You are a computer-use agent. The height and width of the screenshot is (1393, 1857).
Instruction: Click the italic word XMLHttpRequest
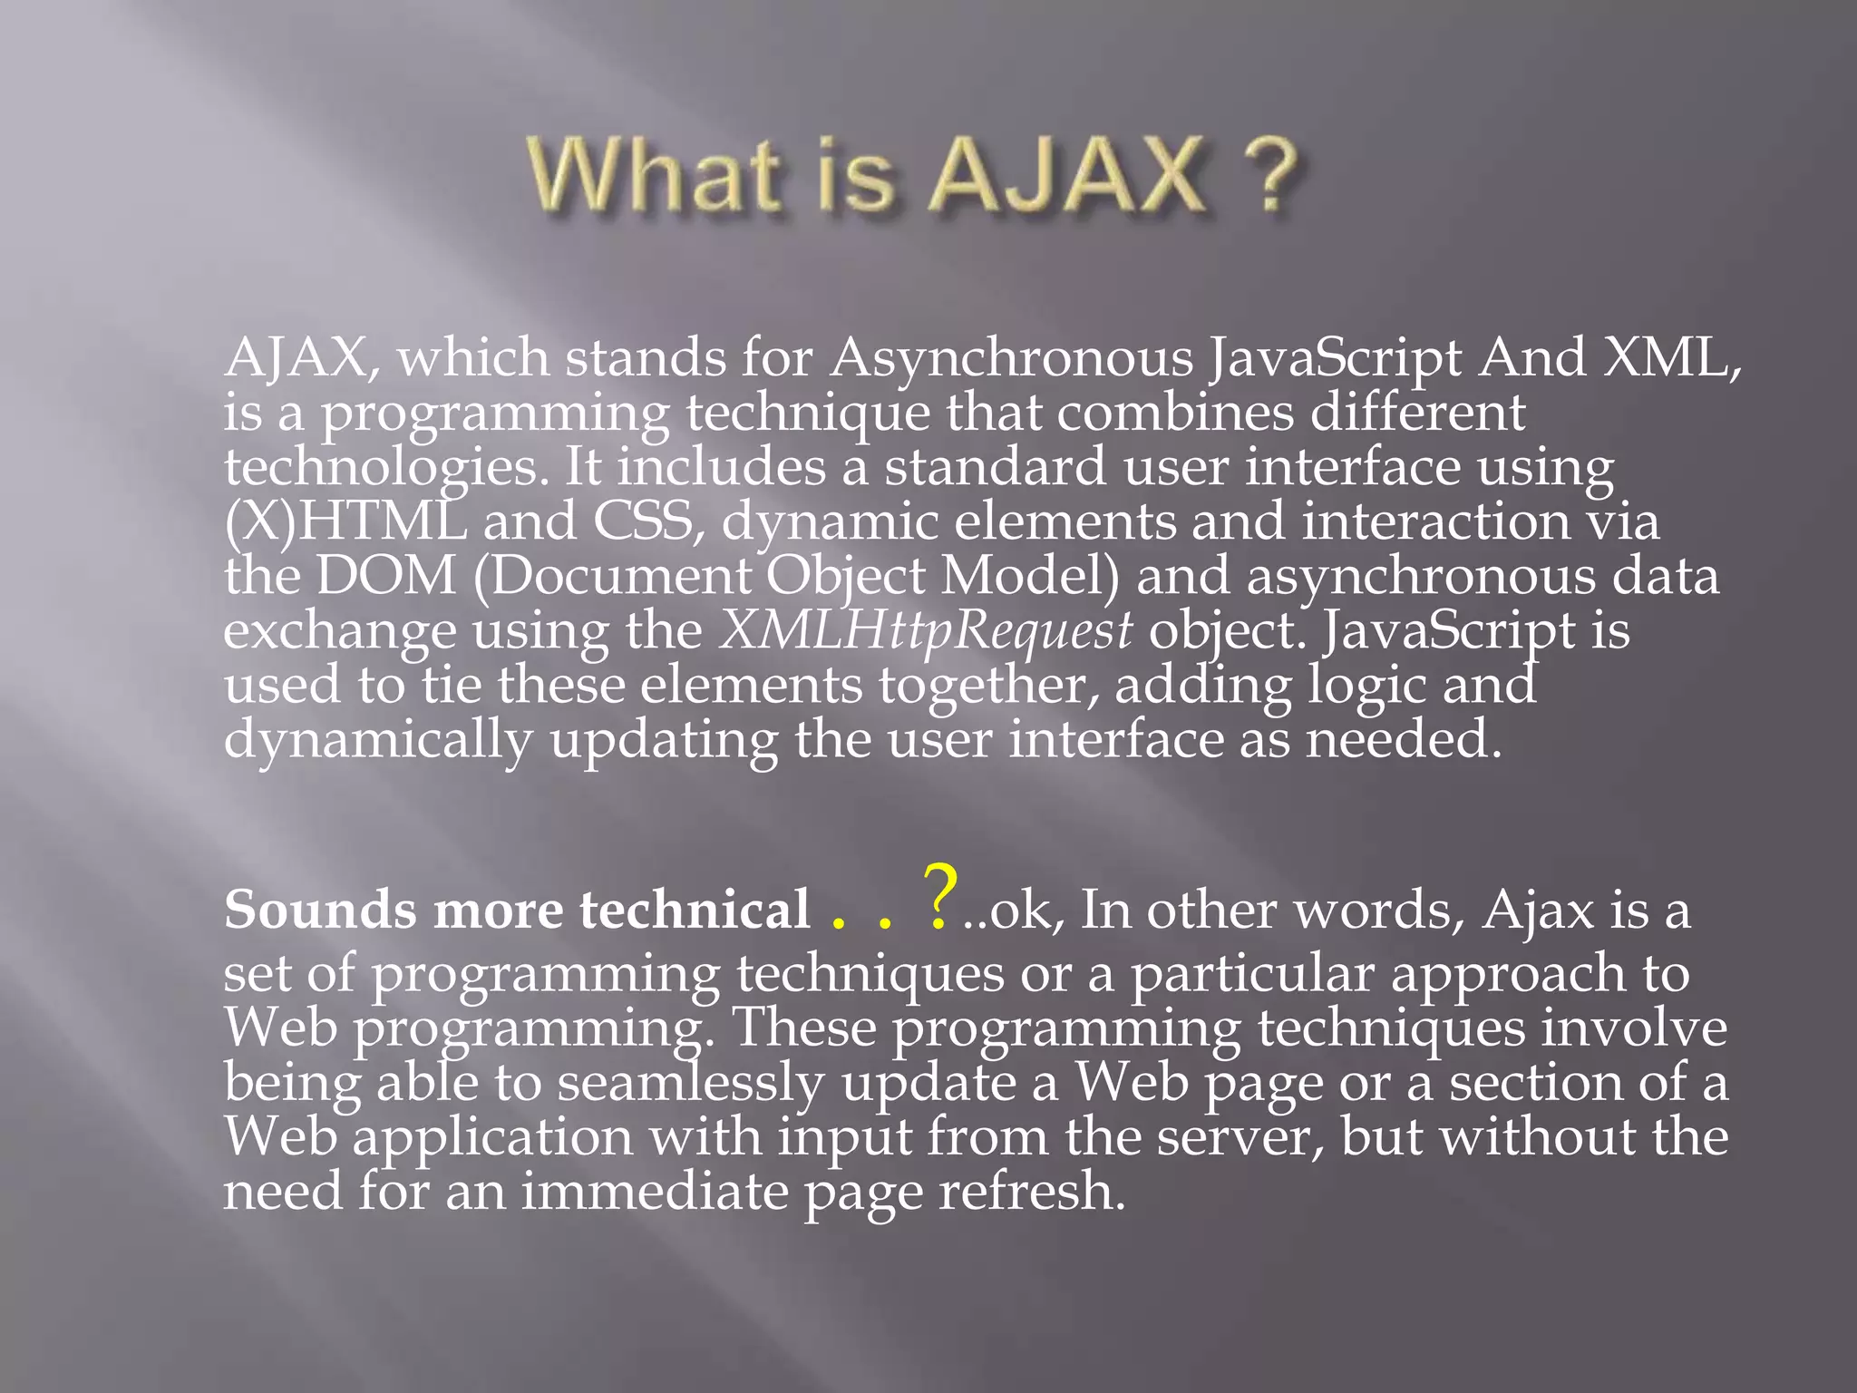[926, 630]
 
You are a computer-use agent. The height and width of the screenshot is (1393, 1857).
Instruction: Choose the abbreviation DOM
[386, 577]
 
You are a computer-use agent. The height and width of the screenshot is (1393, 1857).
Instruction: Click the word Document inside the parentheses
[621, 577]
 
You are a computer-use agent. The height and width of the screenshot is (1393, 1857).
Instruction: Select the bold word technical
[695, 910]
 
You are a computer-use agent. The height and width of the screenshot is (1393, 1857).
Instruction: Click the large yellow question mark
[939, 898]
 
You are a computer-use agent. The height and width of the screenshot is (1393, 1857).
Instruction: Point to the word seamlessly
[690, 1083]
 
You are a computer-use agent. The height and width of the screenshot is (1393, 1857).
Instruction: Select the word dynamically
[377, 740]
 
